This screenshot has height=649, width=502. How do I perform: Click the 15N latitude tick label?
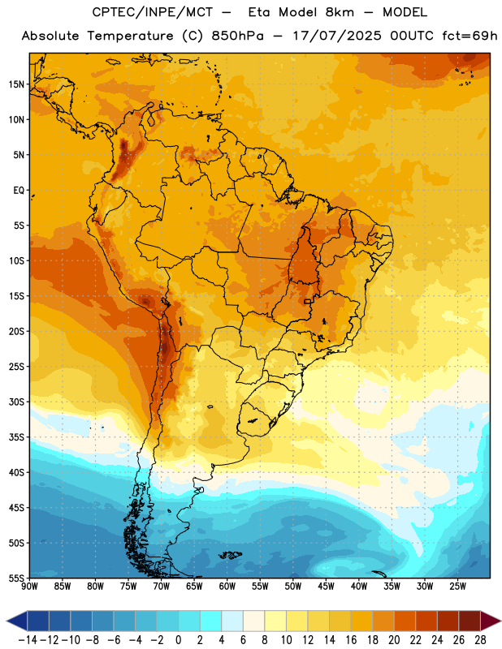point(16,84)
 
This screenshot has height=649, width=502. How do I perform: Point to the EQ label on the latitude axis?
point(19,191)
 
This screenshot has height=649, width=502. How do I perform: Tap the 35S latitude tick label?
point(16,437)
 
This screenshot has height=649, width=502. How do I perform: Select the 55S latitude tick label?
point(16,578)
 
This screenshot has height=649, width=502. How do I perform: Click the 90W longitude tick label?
point(29,587)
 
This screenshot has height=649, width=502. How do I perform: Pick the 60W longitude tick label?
point(227,587)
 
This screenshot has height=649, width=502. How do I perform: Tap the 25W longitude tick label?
point(457,587)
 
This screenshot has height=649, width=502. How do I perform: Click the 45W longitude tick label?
point(326,587)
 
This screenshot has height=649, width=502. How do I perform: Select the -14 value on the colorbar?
point(28,640)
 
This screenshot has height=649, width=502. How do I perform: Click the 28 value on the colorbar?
point(480,640)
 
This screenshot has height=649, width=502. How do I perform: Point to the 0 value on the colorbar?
point(179,640)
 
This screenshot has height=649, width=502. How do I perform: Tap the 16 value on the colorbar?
point(351,640)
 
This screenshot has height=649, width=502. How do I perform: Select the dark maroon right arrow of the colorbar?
point(491,621)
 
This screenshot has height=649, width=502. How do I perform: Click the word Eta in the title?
point(259,12)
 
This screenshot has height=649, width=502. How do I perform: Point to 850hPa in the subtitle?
point(237,36)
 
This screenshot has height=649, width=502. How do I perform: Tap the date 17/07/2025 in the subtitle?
point(337,36)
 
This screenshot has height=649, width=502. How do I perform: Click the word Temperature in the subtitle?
point(130,36)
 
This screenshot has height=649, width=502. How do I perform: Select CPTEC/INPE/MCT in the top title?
point(152,12)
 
